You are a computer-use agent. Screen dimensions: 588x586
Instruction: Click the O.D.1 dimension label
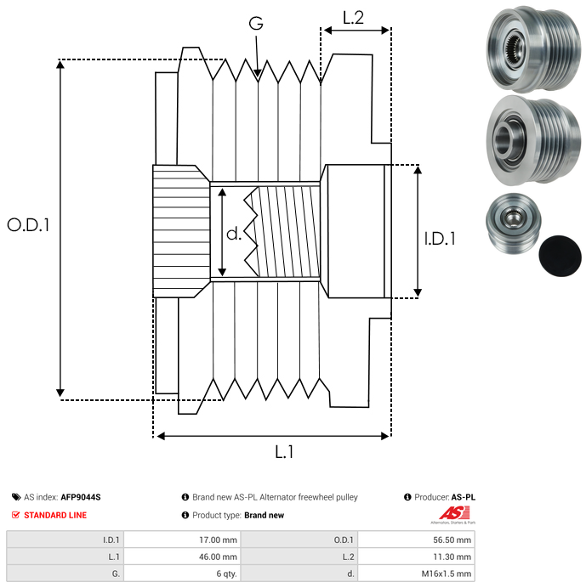coord(28,225)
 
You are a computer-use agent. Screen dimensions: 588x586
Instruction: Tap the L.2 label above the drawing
coord(353,18)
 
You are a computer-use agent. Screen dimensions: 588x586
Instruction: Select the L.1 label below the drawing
coord(284,453)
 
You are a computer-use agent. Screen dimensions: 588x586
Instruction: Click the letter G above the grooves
coord(255,24)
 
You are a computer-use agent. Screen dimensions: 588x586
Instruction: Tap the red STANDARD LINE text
coord(55,515)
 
